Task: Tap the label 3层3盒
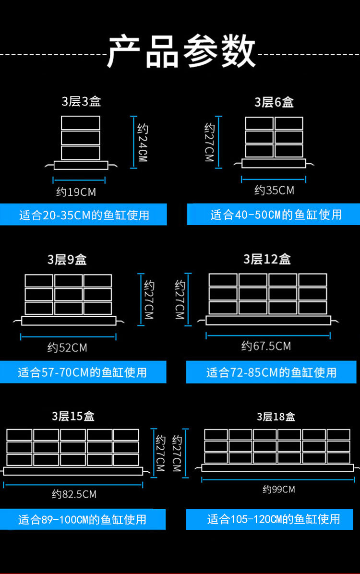81,102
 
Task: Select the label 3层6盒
274,102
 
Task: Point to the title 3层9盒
67,260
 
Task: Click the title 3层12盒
267,259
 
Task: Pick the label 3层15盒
73,416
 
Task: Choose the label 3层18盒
276,417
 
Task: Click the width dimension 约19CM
76,192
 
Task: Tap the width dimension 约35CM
274,191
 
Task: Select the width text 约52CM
67,347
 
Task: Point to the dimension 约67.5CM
266,346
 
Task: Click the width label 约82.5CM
74,494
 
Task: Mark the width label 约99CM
278,490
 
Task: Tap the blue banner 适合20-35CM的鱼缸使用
84,215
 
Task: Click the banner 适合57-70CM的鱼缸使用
83,372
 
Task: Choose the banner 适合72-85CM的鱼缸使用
271,372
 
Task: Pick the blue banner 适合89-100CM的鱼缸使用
83,519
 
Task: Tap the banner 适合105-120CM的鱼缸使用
273,519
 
